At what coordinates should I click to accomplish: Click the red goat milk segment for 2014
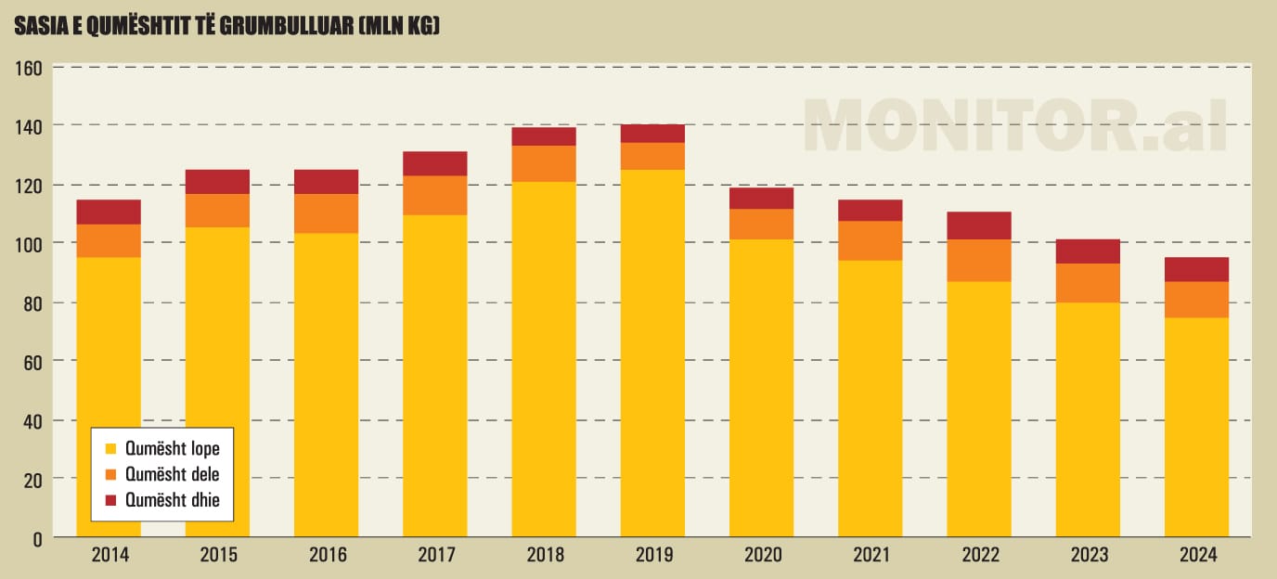[109, 212]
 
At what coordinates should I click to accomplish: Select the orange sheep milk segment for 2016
[326, 212]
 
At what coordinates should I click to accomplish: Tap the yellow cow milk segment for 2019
[652, 353]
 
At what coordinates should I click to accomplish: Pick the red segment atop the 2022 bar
[979, 225]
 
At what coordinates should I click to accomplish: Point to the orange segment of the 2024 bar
[1196, 299]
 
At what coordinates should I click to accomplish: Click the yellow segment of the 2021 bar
[870, 399]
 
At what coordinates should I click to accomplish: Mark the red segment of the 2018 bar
[544, 136]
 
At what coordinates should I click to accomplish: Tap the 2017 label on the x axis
[435, 556]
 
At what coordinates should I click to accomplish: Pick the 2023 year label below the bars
[1088, 556]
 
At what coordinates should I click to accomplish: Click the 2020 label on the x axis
[761, 556]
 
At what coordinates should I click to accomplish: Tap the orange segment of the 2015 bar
[217, 210]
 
